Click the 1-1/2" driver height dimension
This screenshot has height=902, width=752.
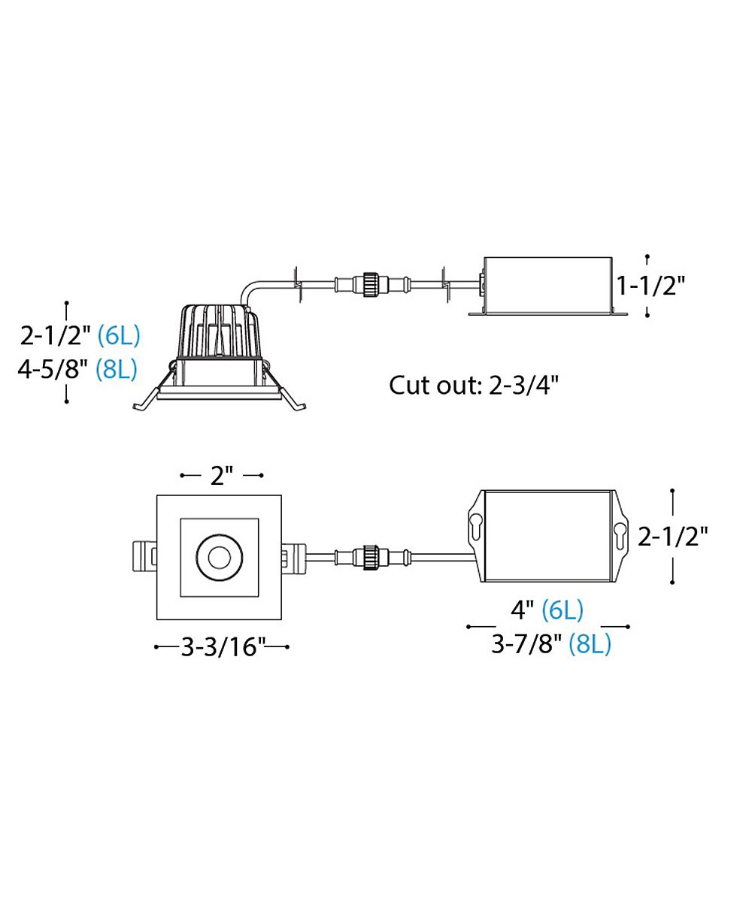(x=650, y=286)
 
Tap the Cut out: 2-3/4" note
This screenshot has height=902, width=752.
(x=474, y=385)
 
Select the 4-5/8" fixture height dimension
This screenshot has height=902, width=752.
(x=53, y=369)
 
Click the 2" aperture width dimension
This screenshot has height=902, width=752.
(x=222, y=476)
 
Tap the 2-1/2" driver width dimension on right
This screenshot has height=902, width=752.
(x=673, y=537)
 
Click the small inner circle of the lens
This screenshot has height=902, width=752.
(x=218, y=557)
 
